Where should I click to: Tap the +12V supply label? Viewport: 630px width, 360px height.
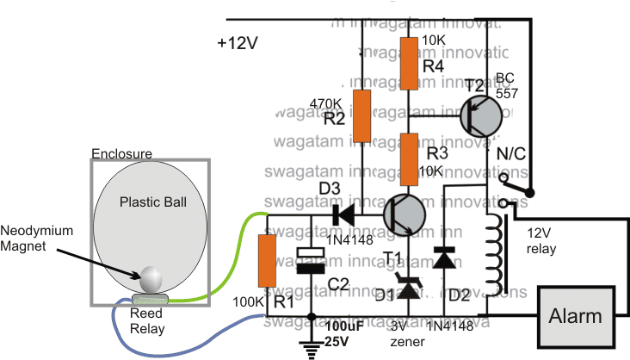tap(243, 43)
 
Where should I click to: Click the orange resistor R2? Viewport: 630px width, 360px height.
tap(362, 115)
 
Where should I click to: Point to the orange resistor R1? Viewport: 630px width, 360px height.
tap(267, 262)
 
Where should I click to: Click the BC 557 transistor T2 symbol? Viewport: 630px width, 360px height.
tap(481, 116)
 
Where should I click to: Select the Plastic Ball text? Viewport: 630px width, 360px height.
tap(151, 203)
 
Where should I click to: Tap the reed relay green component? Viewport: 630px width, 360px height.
tap(152, 298)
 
